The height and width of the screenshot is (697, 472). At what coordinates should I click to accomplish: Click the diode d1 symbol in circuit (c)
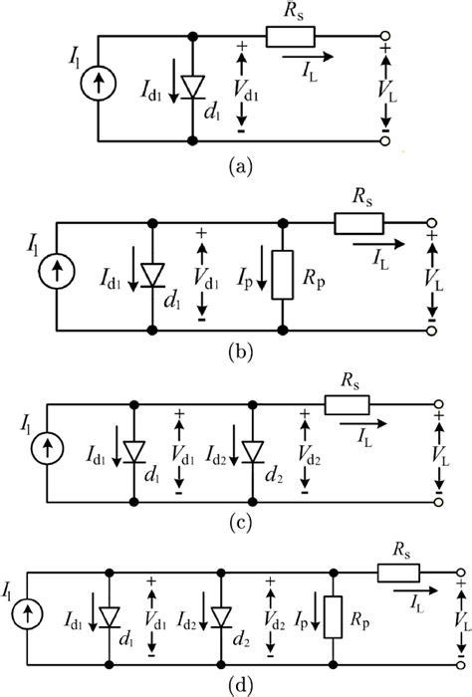[x=134, y=452]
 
